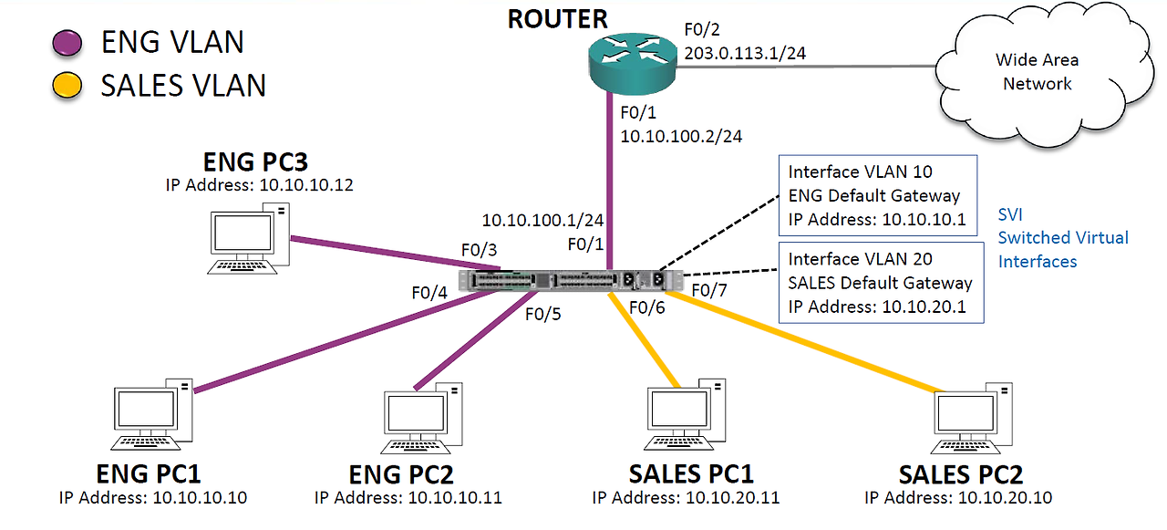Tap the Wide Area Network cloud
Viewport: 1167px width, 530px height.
(1038, 72)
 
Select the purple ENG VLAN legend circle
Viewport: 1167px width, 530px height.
(68, 43)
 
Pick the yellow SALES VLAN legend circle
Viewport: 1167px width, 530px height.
(68, 86)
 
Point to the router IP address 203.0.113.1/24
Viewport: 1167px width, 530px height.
(745, 53)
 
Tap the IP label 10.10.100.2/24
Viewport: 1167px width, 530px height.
(680, 136)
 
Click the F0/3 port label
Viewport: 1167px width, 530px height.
(479, 250)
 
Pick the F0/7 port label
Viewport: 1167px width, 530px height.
(709, 290)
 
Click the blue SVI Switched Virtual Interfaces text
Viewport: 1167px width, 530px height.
(1063, 237)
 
